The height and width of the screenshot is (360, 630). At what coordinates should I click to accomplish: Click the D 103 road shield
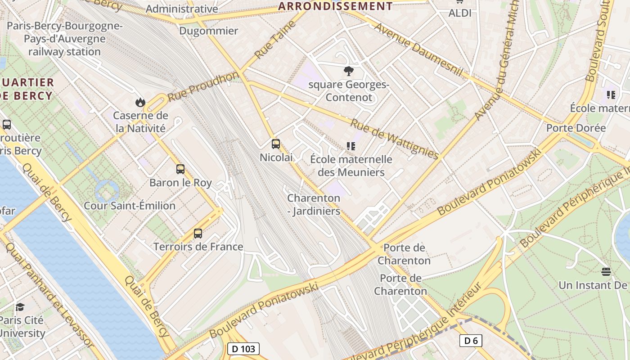243,349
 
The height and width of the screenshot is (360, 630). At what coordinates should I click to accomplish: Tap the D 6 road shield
471,341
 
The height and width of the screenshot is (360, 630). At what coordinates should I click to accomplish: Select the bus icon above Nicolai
276,144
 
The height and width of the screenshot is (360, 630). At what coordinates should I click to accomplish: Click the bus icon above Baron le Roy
180,169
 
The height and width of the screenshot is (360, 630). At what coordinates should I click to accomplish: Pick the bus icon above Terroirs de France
198,233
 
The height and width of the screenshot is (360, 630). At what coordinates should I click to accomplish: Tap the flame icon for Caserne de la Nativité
140,102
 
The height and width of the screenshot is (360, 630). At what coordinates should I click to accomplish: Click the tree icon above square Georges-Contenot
348,71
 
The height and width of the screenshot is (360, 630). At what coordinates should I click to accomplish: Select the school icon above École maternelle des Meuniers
351,146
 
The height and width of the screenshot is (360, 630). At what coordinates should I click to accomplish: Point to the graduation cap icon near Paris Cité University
20,307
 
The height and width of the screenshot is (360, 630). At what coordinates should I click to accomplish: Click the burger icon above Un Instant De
606,271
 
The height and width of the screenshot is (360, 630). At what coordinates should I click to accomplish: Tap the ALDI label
460,13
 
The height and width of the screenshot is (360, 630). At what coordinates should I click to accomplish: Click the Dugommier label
208,31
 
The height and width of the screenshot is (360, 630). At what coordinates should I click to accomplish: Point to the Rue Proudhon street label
203,86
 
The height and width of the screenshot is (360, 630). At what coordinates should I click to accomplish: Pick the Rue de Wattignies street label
394,139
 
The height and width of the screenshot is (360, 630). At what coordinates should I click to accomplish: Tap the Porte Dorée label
576,128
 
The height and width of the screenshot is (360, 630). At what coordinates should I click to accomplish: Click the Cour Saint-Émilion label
130,206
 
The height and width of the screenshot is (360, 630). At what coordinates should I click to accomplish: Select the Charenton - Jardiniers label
314,204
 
